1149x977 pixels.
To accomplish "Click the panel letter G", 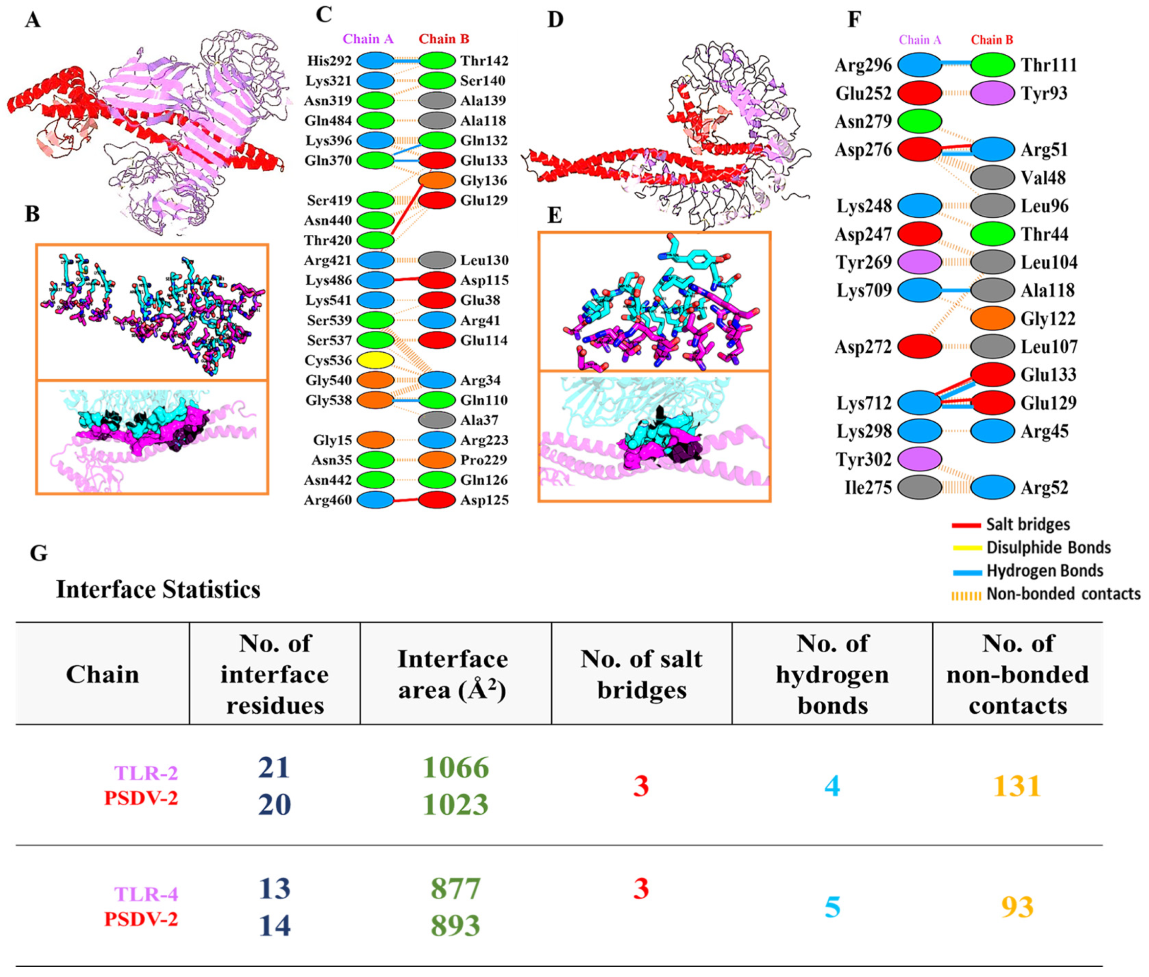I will tap(38, 553).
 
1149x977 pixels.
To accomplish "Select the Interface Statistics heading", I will tap(158, 590).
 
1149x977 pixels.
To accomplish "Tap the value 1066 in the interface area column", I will tap(455, 768).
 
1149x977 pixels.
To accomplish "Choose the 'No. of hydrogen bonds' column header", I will tap(832, 674).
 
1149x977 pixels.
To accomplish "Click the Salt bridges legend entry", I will tap(1027, 524).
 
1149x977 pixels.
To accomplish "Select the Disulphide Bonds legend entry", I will tap(1048, 548).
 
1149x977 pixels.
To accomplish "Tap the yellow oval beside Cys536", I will tap(376, 361).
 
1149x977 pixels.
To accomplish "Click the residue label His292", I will tap(330, 60).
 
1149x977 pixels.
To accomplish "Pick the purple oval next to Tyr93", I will tap(992, 93).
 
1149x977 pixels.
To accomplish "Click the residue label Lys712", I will tap(864, 403).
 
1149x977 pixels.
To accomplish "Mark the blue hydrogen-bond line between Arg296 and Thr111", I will tap(956, 65).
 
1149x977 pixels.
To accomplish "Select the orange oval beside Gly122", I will tap(992, 318).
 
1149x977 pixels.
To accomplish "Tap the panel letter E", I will tap(554, 215).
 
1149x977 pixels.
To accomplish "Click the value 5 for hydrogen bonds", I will tap(832, 907).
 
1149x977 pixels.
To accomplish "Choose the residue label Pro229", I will tap(483, 460).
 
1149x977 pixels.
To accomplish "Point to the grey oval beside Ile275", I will tap(919, 487).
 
